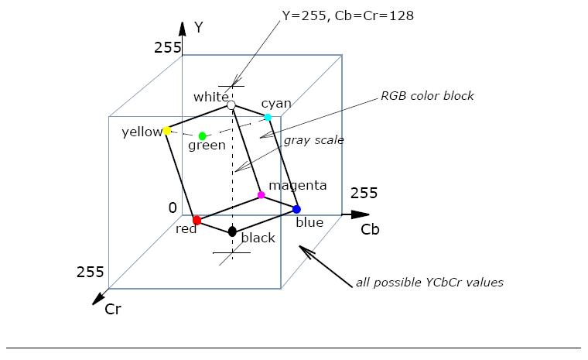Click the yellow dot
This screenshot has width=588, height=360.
[167, 131]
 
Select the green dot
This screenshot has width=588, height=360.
[203, 136]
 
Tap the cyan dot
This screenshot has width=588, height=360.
[268, 117]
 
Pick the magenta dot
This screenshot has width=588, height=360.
[261, 195]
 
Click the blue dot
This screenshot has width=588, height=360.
[296, 209]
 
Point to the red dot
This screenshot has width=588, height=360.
[197, 221]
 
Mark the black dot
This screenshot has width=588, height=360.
[232, 231]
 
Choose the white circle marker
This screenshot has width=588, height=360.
[231, 105]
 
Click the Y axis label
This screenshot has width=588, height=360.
[199, 28]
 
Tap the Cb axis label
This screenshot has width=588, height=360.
[370, 230]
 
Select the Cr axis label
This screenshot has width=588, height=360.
[113, 309]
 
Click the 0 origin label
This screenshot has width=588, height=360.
[173, 207]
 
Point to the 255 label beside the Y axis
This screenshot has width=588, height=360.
[167, 47]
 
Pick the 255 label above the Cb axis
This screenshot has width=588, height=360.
[364, 193]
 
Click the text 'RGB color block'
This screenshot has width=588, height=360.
[427, 96]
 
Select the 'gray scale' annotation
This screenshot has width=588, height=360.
[313, 140]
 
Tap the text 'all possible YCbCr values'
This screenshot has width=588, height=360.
[429, 283]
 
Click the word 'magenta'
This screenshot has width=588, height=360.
[297, 186]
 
